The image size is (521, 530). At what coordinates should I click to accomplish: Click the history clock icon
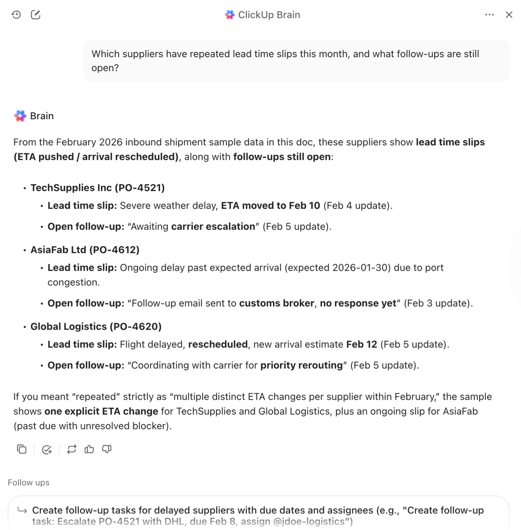[16, 15]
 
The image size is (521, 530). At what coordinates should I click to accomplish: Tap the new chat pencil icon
[36, 15]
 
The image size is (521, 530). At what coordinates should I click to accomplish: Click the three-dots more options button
[489, 15]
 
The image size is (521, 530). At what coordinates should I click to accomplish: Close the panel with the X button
[509, 15]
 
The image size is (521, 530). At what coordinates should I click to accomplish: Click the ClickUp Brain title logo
[229, 15]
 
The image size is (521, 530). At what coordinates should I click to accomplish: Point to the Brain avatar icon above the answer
[20, 116]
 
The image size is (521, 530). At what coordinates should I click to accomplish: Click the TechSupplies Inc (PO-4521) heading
[98, 188]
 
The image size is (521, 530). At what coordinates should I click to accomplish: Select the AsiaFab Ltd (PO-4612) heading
[85, 250]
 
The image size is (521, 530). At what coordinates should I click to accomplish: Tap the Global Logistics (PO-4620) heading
[96, 326]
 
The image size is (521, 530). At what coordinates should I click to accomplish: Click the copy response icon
[22, 449]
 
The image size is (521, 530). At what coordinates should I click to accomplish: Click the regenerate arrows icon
[72, 449]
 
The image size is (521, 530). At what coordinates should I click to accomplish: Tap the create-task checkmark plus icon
[47, 449]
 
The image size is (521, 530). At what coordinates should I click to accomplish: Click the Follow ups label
[29, 483]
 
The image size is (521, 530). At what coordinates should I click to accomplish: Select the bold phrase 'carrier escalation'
[213, 226]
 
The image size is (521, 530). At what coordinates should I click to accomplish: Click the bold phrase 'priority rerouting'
[301, 365]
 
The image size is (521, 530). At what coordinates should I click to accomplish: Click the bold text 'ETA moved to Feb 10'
[270, 206]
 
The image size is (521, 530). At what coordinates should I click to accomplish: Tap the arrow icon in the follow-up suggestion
[22, 511]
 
